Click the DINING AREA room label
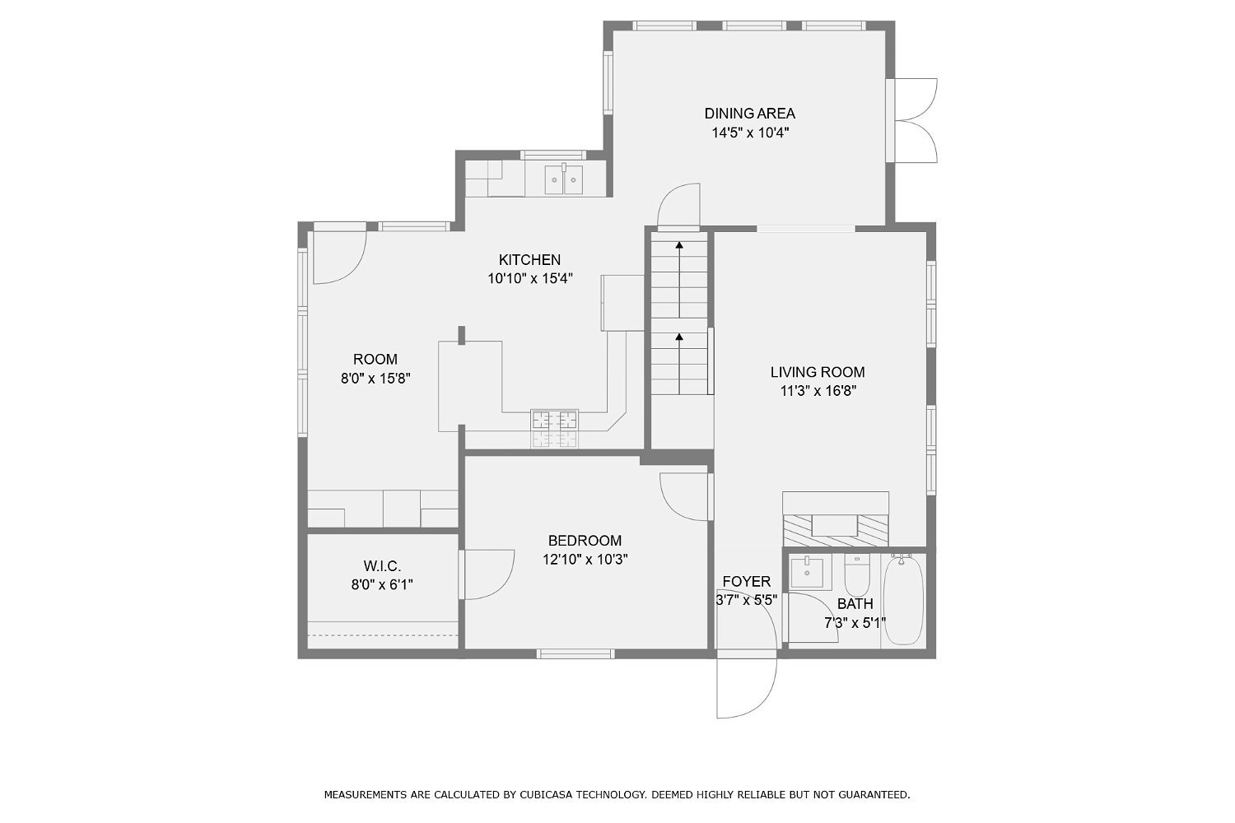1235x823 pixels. coord(749,114)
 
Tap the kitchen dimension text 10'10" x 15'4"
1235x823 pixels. coord(529,279)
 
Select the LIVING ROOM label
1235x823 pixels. coord(818,372)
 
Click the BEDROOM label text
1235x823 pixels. coord(585,541)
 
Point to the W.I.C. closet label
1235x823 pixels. coord(382,566)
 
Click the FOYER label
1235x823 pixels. coord(746,582)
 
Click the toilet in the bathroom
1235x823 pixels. coord(857,576)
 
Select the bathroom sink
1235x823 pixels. coord(807,572)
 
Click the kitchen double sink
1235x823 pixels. coord(564,179)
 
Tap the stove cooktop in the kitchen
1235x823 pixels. coord(554,429)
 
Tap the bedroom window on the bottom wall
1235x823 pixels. coord(576,653)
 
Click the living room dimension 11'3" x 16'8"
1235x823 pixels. coord(818,392)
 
